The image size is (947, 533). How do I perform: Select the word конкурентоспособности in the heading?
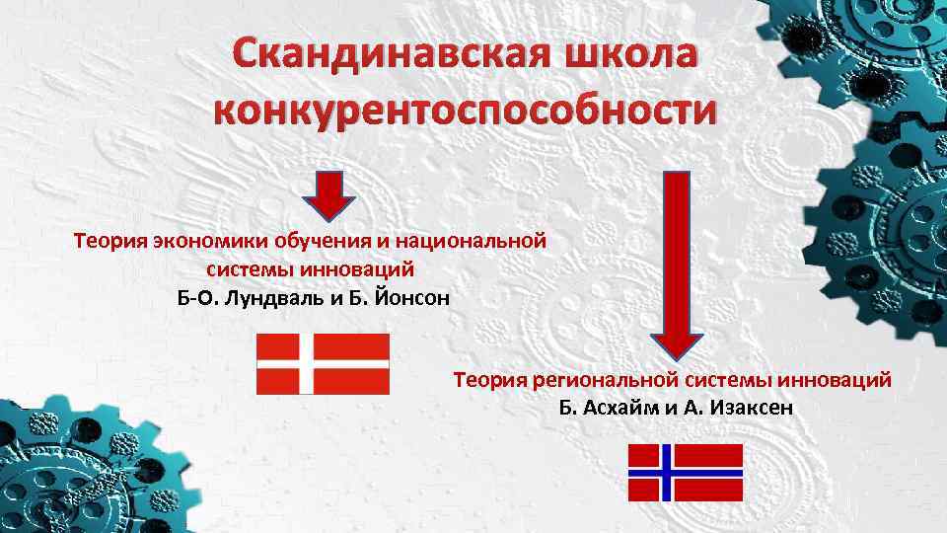pos(461,112)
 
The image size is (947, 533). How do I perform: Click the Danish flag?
pos(324,363)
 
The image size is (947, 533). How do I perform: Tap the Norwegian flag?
pos(686,473)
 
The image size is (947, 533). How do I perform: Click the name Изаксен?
pos(747,408)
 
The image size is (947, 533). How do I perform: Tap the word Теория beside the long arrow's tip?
pos(490,379)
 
